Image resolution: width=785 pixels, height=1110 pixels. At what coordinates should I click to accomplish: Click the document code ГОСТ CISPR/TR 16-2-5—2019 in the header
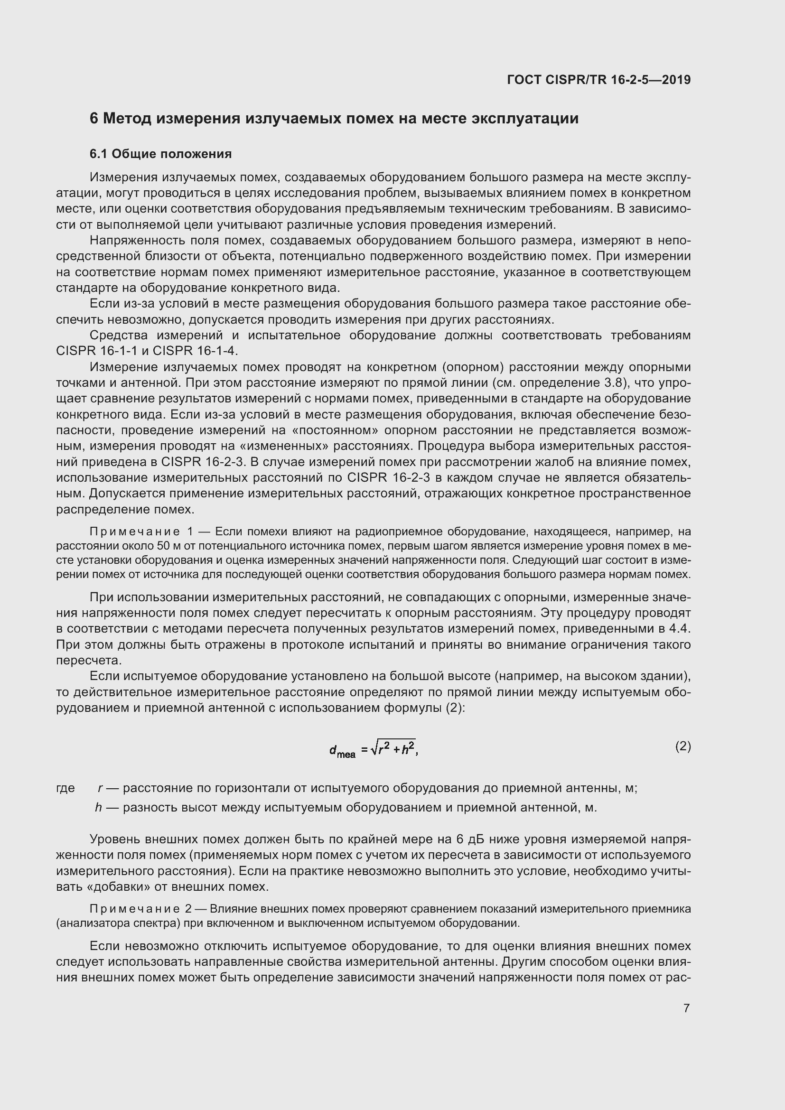[x=598, y=80]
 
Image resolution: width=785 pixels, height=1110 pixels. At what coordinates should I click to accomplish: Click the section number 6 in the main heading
[x=94, y=119]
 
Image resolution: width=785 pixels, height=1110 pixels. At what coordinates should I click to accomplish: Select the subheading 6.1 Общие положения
[x=160, y=154]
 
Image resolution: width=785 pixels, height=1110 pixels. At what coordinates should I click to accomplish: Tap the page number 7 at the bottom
[x=686, y=1008]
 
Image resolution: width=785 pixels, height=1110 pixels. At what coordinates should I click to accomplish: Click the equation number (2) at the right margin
[x=683, y=746]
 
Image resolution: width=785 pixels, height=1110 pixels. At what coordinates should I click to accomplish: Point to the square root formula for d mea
[x=373, y=749]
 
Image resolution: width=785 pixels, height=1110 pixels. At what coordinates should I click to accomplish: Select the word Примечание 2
[x=140, y=909]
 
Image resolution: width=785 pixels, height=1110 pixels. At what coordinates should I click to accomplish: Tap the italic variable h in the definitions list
[x=99, y=808]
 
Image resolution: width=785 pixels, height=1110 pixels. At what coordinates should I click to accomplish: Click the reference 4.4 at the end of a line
[x=682, y=629]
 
